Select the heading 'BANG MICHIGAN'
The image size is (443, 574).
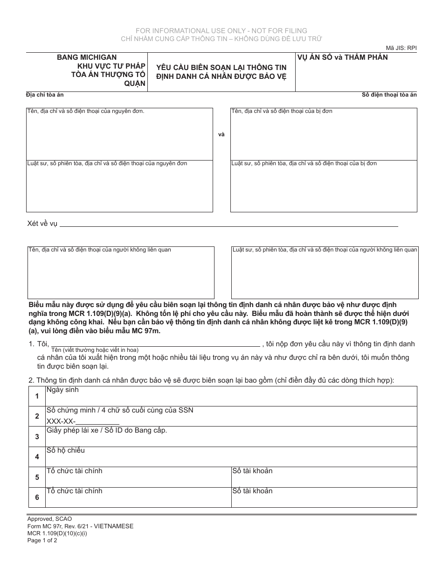[x=87, y=57]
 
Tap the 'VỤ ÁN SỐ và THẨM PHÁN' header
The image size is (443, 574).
[x=342, y=57]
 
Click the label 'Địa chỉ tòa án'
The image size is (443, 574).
[x=45, y=95]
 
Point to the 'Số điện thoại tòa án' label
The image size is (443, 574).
[x=389, y=95]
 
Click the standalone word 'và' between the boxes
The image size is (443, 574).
[x=221, y=134]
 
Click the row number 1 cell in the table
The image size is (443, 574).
[x=37, y=396]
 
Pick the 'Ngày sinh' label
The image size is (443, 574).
[x=62, y=390]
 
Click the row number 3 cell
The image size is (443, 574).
[x=37, y=437]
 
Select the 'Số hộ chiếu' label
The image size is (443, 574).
[x=65, y=450]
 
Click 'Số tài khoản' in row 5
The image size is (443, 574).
[x=252, y=471]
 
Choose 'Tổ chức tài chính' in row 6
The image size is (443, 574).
[x=74, y=491]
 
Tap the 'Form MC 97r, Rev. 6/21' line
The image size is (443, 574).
[x=79, y=526]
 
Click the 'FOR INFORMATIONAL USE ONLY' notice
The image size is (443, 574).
[x=221, y=31]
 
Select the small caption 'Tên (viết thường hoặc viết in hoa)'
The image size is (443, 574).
[x=95, y=350]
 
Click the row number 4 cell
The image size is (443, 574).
[x=37, y=457]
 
